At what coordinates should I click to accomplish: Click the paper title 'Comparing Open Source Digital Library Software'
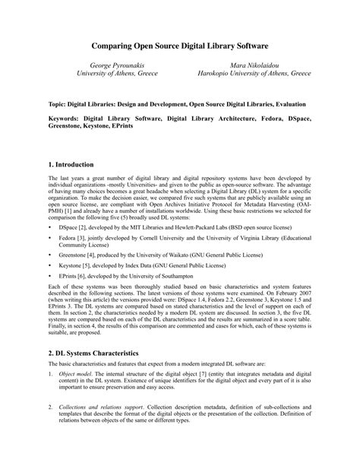pyautogui.click(x=180, y=46)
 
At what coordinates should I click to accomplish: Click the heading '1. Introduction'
pyautogui.click(x=71, y=164)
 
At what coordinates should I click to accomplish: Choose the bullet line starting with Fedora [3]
pyautogui.click(x=182, y=239)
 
